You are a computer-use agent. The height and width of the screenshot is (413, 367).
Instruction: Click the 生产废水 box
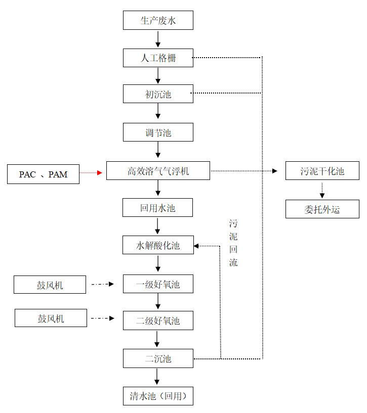pyautogui.click(x=158, y=21)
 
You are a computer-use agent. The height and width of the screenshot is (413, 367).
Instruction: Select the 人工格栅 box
pyautogui.click(x=158, y=58)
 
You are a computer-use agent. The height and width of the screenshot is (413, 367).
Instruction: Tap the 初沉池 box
pyautogui.click(x=158, y=94)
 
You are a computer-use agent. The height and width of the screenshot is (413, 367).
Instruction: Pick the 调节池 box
pyautogui.click(x=158, y=132)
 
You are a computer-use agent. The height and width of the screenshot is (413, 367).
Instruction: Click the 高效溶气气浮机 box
pyautogui.click(x=158, y=171)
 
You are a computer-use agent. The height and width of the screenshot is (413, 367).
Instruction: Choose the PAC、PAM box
pyautogui.click(x=43, y=174)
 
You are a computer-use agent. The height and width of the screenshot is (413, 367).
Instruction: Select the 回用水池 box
pyautogui.click(x=158, y=208)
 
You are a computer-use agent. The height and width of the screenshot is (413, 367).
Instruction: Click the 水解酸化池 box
pyautogui.click(x=158, y=245)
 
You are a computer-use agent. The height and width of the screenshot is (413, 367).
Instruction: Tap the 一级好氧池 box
pyautogui.click(x=158, y=284)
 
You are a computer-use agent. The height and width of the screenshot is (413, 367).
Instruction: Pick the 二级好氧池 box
pyautogui.click(x=158, y=320)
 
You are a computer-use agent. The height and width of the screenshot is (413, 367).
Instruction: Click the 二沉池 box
pyautogui.click(x=158, y=358)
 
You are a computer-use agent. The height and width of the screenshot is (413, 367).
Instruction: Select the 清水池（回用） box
pyautogui.click(x=158, y=396)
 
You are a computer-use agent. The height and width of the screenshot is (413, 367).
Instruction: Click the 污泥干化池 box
pyautogui.click(x=322, y=171)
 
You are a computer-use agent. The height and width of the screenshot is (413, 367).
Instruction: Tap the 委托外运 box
pyautogui.click(x=322, y=209)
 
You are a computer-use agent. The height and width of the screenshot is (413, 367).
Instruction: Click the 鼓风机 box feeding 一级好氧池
pyautogui.click(x=50, y=285)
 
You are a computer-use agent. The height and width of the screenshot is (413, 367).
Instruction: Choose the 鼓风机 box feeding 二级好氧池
pyautogui.click(x=51, y=318)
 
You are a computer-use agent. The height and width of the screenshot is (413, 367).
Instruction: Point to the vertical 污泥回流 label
pyautogui.click(x=233, y=243)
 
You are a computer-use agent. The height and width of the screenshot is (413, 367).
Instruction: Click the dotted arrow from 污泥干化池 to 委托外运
pyautogui.click(x=322, y=190)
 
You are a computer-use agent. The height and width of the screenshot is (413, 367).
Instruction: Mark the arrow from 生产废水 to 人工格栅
pyautogui.click(x=158, y=39)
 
